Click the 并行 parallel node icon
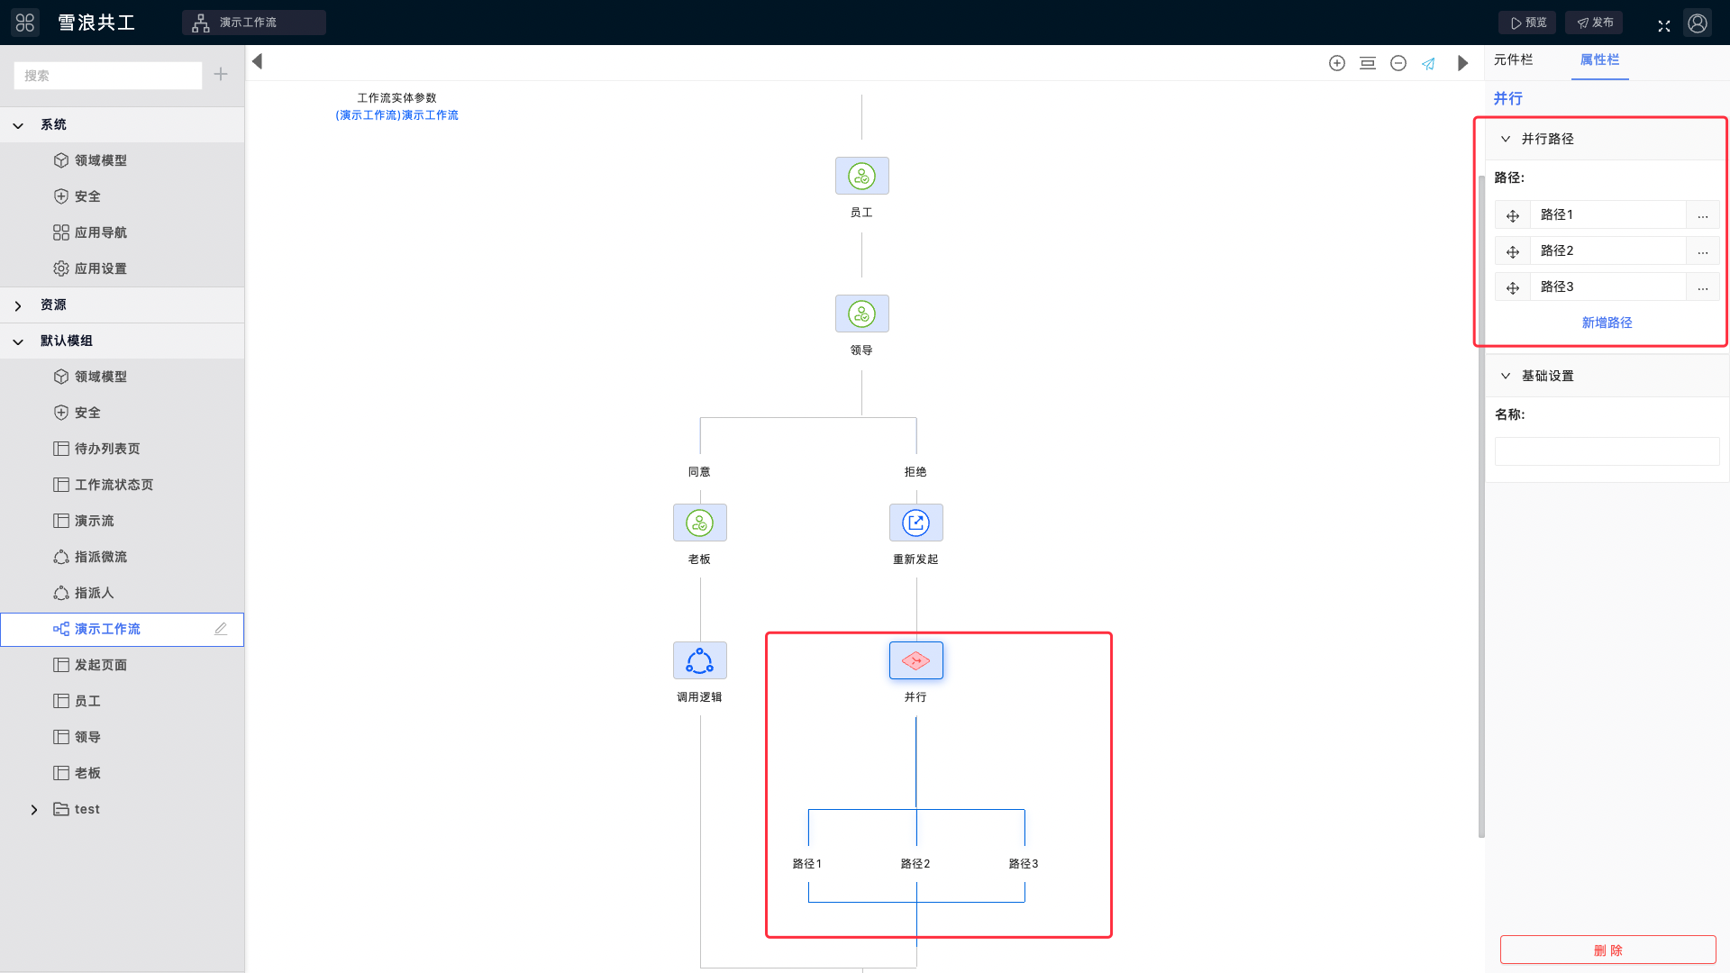pos(915,660)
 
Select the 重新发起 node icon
pos(915,523)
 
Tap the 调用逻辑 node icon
pos(699,660)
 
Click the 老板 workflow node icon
pos(699,523)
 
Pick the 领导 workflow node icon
pos(861,314)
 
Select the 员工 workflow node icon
pos(861,176)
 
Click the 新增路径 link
pos(1607,323)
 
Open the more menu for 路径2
pos(1702,251)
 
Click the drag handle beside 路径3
pos(1513,287)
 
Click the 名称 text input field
pos(1607,451)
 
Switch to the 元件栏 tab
pos(1513,59)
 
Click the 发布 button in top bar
pos(1594,23)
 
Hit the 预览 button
pos(1527,23)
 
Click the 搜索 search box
pos(108,76)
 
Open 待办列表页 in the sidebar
pos(107,449)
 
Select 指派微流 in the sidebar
pos(100,557)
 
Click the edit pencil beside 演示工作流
pos(221,629)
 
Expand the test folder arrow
pos(34,810)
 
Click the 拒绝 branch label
pos(915,472)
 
